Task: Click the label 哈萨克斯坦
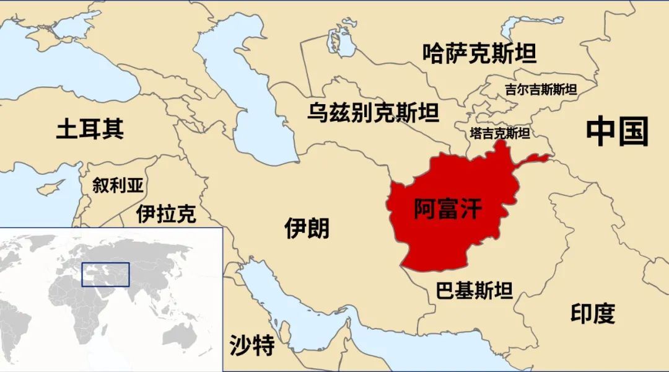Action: pos(479,54)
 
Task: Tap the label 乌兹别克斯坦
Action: pos(373,113)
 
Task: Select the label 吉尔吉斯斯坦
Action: pos(541,89)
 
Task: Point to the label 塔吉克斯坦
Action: pos(499,133)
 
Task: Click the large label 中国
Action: pos(617,131)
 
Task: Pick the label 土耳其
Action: pos(90,129)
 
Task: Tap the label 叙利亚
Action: pos(118,185)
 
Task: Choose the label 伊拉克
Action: pos(167,214)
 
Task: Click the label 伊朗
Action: pos(307,228)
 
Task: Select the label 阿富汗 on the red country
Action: pos(447,209)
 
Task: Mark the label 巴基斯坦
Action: pos(474,290)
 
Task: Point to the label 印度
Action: pos(593,314)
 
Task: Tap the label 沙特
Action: pos(252,345)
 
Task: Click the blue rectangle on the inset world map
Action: pos(106,274)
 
